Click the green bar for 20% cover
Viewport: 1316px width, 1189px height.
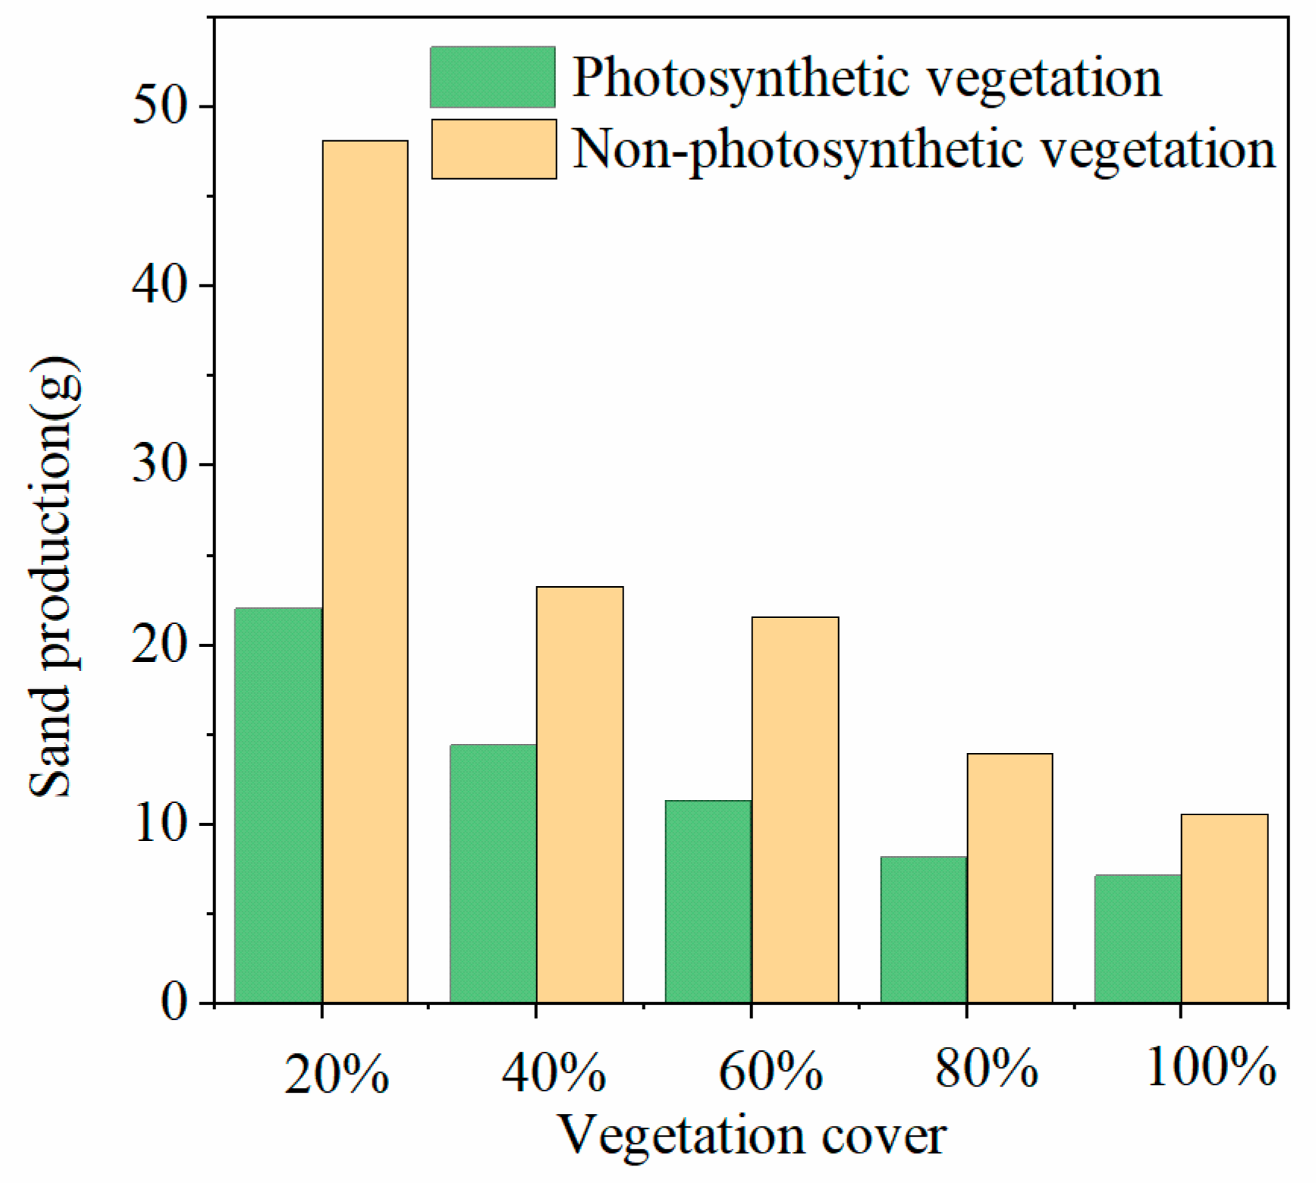(x=278, y=805)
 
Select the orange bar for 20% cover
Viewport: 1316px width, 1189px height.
(x=366, y=572)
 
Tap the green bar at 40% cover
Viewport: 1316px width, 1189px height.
(x=493, y=874)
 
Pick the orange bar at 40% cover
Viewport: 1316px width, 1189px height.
(x=580, y=795)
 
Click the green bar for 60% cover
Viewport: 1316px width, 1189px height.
(x=708, y=902)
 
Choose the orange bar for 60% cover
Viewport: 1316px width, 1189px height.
(x=796, y=810)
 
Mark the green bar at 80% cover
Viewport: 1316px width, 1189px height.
(x=924, y=930)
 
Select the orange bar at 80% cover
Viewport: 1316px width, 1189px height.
(x=1010, y=878)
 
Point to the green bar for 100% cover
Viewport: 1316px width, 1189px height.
(x=1138, y=939)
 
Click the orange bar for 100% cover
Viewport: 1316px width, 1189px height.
(x=1225, y=908)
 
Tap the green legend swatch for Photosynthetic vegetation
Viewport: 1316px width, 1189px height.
(x=493, y=77)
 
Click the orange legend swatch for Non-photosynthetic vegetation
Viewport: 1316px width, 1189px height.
(x=494, y=149)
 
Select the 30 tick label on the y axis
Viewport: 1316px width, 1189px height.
(x=159, y=464)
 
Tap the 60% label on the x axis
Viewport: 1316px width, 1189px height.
(x=771, y=1072)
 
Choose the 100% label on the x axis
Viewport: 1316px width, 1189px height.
(x=1211, y=1068)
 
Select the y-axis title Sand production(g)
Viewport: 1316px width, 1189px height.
(x=53, y=576)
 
